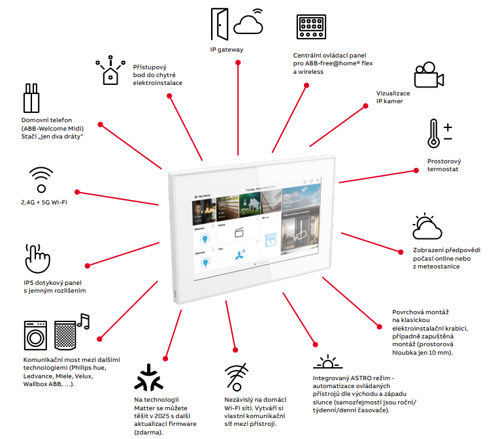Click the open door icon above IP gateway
coord(219,24)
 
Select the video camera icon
coord(429,75)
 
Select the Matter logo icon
coord(146,378)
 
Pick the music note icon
coord(83,320)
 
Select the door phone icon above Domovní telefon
coord(31,99)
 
